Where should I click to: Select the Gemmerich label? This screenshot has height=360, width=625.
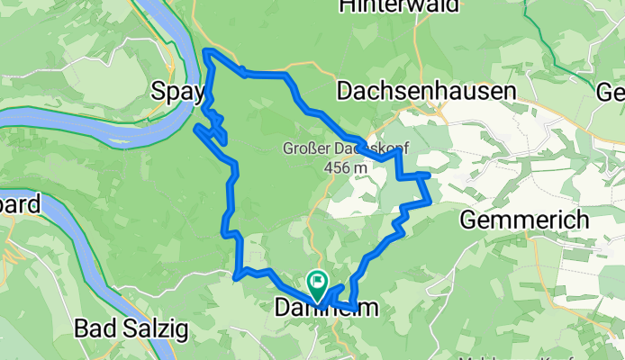524,219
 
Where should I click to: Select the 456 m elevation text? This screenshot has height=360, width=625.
346,167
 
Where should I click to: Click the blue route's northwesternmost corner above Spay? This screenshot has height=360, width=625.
208,52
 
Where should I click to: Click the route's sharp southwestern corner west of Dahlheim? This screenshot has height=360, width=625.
236,275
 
